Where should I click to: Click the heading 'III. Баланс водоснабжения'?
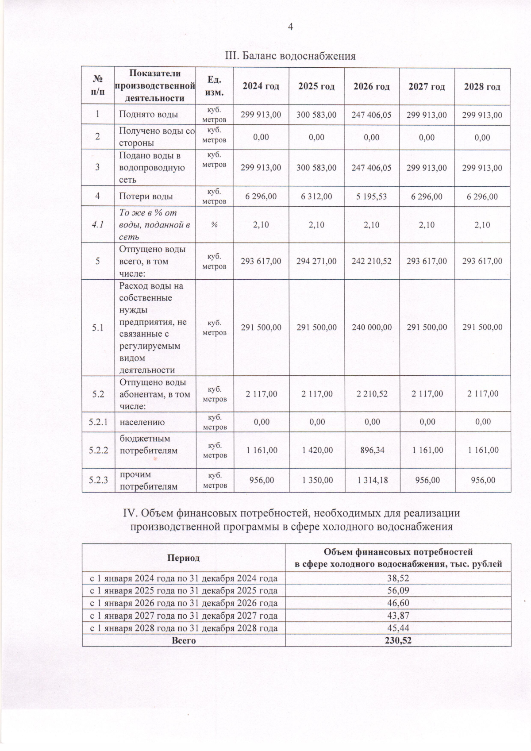tap(290, 56)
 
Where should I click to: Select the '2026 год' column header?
tap(371, 87)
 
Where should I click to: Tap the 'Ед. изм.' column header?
tap(214, 86)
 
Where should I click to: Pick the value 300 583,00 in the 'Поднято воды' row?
tap(316, 115)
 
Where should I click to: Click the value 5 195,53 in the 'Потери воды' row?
tap(372, 196)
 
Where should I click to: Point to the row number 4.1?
tap(98, 224)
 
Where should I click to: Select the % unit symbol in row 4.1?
tap(214, 225)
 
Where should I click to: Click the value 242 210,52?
tap(372, 261)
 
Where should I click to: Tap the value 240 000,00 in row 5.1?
tap(372, 327)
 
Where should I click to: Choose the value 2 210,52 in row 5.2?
tap(372, 394)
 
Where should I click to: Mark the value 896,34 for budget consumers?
tap(372, 450)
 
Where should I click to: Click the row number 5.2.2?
tap(98, 451)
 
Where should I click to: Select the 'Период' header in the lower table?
tap(183, 558)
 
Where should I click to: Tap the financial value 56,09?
tap(398, 590)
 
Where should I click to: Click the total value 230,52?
tap(398, 640)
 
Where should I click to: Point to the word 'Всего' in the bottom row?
tap(183, 640)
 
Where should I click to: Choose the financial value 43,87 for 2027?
tap(398, 615)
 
